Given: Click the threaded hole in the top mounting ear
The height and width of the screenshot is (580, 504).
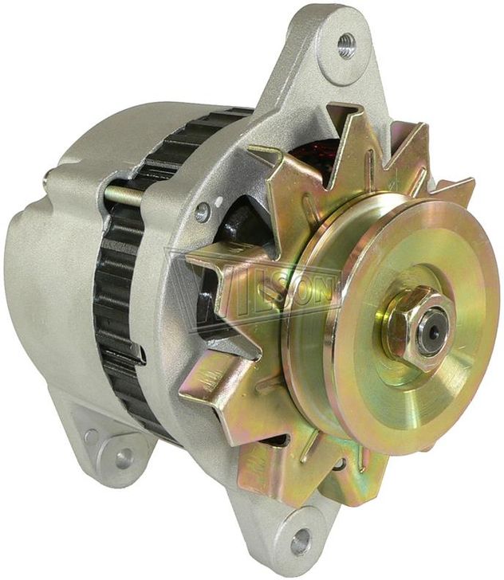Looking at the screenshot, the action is click(346, 45).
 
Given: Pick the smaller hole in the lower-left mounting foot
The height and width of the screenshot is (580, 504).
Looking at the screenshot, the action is click(91, 437).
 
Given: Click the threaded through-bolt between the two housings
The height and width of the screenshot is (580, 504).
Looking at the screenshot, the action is click(124, 195).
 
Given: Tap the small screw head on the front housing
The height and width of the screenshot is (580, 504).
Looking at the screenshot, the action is click(203, 212).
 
